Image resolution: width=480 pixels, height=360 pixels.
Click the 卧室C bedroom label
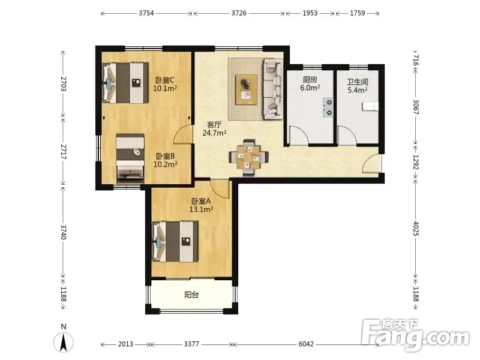click(x=165, y=80)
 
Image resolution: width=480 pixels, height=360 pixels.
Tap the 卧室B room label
click(x=166, y=156)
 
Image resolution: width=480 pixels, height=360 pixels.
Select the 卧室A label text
click(x=201, y=201)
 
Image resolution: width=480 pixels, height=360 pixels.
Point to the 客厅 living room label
click(x=214, y=125)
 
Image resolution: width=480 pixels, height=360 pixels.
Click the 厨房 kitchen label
click(x=310, y=80)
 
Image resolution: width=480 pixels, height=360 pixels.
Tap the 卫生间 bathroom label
click(x=357, y=82)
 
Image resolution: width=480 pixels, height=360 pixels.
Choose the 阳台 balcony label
click(x=191, y=295)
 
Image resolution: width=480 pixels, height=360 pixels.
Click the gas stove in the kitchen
click(x=328, y=107)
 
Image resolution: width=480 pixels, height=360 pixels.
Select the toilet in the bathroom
click(x=370, y=106)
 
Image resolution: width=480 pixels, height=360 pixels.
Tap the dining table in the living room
click(x=249, y=157)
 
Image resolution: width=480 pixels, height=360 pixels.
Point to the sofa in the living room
click(x=273, y=89)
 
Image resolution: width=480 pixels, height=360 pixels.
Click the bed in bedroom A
click(x=175, y=242)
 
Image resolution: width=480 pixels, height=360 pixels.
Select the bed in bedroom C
click(x=125, y=83)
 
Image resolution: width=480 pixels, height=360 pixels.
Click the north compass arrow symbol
click(x=64, y=342)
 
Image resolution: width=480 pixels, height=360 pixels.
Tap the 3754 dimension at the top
click(x=146, y=13)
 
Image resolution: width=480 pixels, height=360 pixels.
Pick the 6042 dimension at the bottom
click(x=306, y=344)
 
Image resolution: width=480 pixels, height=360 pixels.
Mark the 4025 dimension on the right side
click(x=415, y=229)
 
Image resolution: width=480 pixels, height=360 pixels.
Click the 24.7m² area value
click(x=214, y=133)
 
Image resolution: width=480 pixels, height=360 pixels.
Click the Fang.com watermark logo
click(x=415, y=335)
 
